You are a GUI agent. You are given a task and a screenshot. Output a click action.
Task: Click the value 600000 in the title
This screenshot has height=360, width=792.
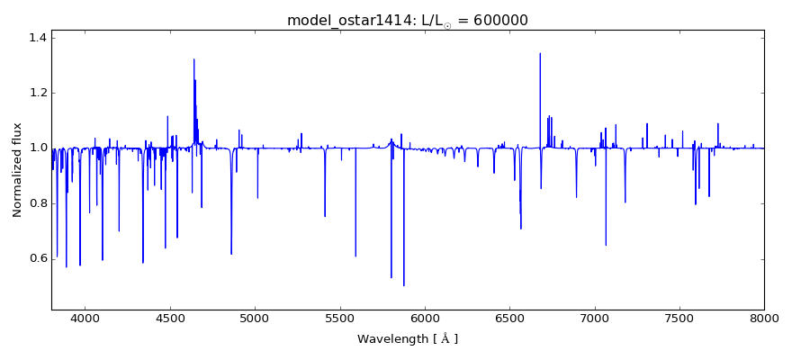click(x=493, y=20)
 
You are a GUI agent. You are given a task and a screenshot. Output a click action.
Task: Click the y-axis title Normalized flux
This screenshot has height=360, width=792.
click(x=17, y=170)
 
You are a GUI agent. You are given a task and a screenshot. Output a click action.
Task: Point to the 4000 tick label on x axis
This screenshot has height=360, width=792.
click(x=85, y=318)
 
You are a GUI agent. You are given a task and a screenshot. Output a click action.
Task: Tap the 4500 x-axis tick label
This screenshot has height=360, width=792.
click(x=170, y=318)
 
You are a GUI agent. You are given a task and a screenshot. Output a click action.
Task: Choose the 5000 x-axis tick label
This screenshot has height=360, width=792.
click(x=255, y=318)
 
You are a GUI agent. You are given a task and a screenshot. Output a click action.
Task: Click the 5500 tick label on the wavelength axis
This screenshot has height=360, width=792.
click(x=339, y=318)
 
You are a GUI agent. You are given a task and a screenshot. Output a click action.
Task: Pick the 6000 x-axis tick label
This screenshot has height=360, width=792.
click(x=424, y=318)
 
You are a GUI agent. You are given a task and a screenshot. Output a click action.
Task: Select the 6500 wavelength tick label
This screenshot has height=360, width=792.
click(x=509, y=318)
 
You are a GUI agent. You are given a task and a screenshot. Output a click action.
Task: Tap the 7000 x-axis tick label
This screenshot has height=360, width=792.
click(x=594, y=318)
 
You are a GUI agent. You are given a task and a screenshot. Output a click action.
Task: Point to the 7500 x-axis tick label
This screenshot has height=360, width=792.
click(x=679, y=318)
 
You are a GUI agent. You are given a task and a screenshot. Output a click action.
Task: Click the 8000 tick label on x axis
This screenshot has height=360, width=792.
click(x=763, y=318)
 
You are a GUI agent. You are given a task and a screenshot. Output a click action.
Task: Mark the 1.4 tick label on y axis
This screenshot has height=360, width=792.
click(x=37, y=38)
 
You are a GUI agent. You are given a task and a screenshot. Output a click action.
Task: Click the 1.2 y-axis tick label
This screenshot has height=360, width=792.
click(x=37, y=93)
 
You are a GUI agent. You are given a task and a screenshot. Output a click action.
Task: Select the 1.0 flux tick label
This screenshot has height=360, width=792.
click(x=37, y=148)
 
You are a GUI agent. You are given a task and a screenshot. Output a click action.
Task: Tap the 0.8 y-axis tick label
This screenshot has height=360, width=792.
click(x=37, y=203)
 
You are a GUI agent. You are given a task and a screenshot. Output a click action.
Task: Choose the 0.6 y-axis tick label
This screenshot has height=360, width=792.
click(x=37, y=258)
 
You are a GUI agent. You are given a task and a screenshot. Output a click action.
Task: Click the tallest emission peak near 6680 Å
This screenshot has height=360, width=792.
click(x=540, y=54)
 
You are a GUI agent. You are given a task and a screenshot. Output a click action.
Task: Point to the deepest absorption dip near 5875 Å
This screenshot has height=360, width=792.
click(x=403, y=285)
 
